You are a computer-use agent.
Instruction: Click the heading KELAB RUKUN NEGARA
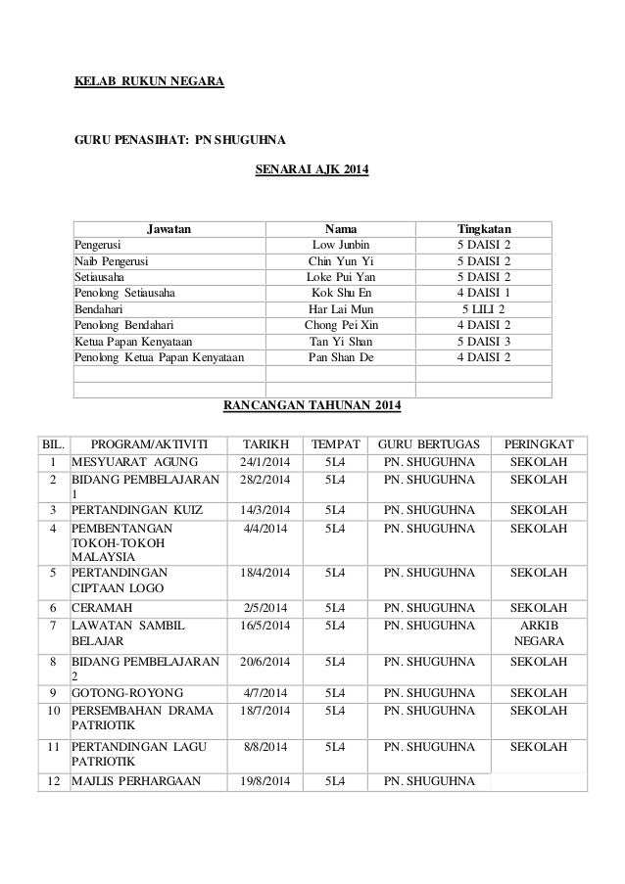[150, 82]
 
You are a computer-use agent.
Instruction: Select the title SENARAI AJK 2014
[312, 169]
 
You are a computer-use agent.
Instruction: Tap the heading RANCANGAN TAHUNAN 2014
[312, 404]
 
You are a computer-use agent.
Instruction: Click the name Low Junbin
[341, 244]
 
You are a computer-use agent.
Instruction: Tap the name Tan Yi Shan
[341, 341]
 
